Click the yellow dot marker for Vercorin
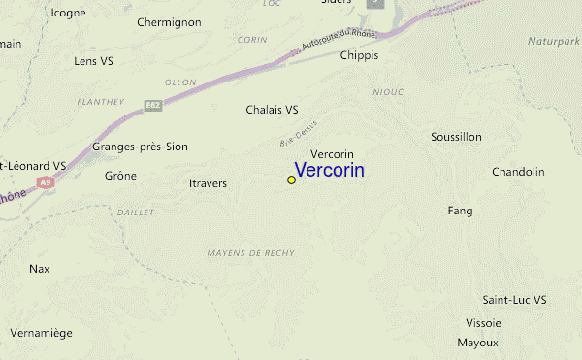click(291, 180)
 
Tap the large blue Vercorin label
click(329, 170)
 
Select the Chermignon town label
click(169, 21)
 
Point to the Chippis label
click(359, 55)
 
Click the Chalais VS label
click(272, 110)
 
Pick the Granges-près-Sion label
click(140, 147)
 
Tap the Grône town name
click(120, 176)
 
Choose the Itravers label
click(209, 181)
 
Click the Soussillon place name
click(456, 137)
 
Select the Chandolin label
click(518, 172)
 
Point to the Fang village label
click(460, 210)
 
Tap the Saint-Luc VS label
click(515, 300)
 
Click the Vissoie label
click(483, 322)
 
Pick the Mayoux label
click(477, 343)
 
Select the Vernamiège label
click(41, 332)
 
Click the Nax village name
click(39, 268)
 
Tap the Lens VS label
click(94, 60)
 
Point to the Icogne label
click(68, 13)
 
